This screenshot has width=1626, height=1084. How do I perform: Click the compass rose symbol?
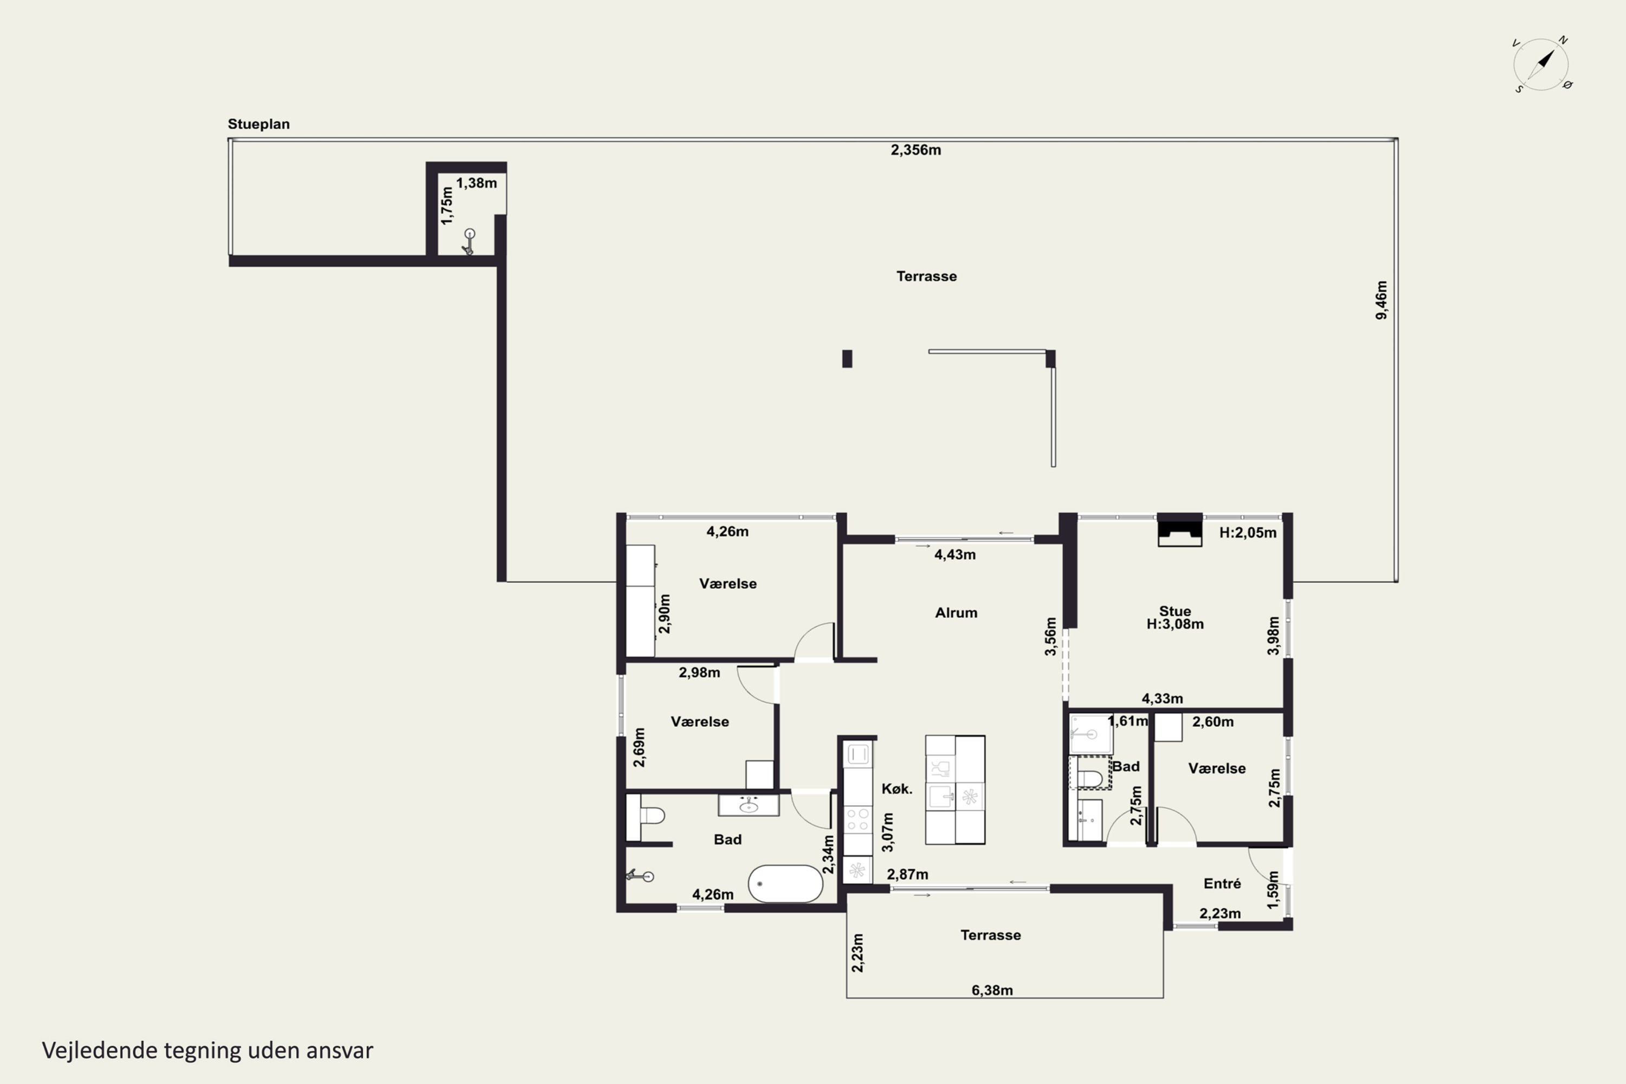point(1541,64)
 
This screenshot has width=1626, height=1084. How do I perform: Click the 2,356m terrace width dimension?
point(915,150)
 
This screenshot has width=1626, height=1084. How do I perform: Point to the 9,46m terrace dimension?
point(1380,300)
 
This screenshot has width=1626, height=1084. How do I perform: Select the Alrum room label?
point(956,612)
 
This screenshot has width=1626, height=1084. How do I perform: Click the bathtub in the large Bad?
point(785,883)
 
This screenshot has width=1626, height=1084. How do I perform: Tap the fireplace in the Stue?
point(1179,530)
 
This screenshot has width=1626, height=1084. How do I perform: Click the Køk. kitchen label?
point(896,789)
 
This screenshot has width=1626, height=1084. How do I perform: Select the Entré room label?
point(1222,883)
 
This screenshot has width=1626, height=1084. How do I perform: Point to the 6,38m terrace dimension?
point(992,990)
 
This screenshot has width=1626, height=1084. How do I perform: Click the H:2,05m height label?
point(1247,532)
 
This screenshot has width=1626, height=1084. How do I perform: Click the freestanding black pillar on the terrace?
point(847,359)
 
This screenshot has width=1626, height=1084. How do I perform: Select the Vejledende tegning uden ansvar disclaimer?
point(208,1050)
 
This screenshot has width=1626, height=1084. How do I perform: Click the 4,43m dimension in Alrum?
point(954,554)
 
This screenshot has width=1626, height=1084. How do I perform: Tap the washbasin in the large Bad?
point(748,805)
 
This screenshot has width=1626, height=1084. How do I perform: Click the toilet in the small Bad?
point(1089,773)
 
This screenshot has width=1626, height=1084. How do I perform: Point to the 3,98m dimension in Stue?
point(1273,636)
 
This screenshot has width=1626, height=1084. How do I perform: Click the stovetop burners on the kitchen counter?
point(858,820)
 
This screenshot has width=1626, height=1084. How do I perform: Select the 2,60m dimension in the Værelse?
point(1212,722)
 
